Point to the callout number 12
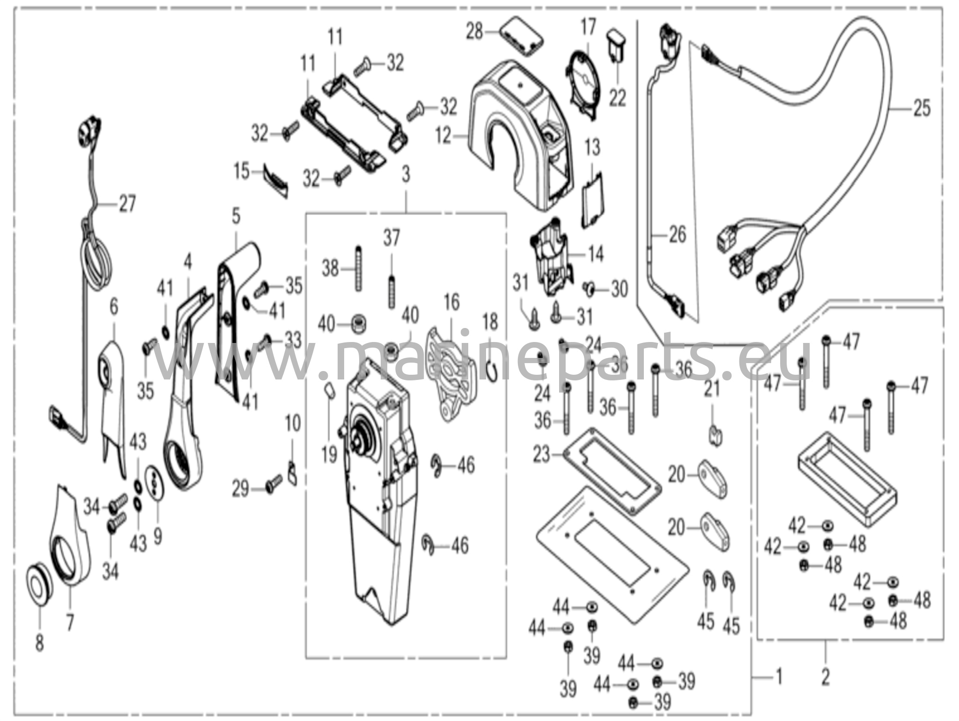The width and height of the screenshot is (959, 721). point(443,136)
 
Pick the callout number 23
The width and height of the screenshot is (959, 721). point(542,454)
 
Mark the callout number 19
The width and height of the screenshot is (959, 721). point(329,454)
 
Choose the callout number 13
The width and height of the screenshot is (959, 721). point(592,147)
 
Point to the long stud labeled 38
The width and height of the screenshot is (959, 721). point(359,268)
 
